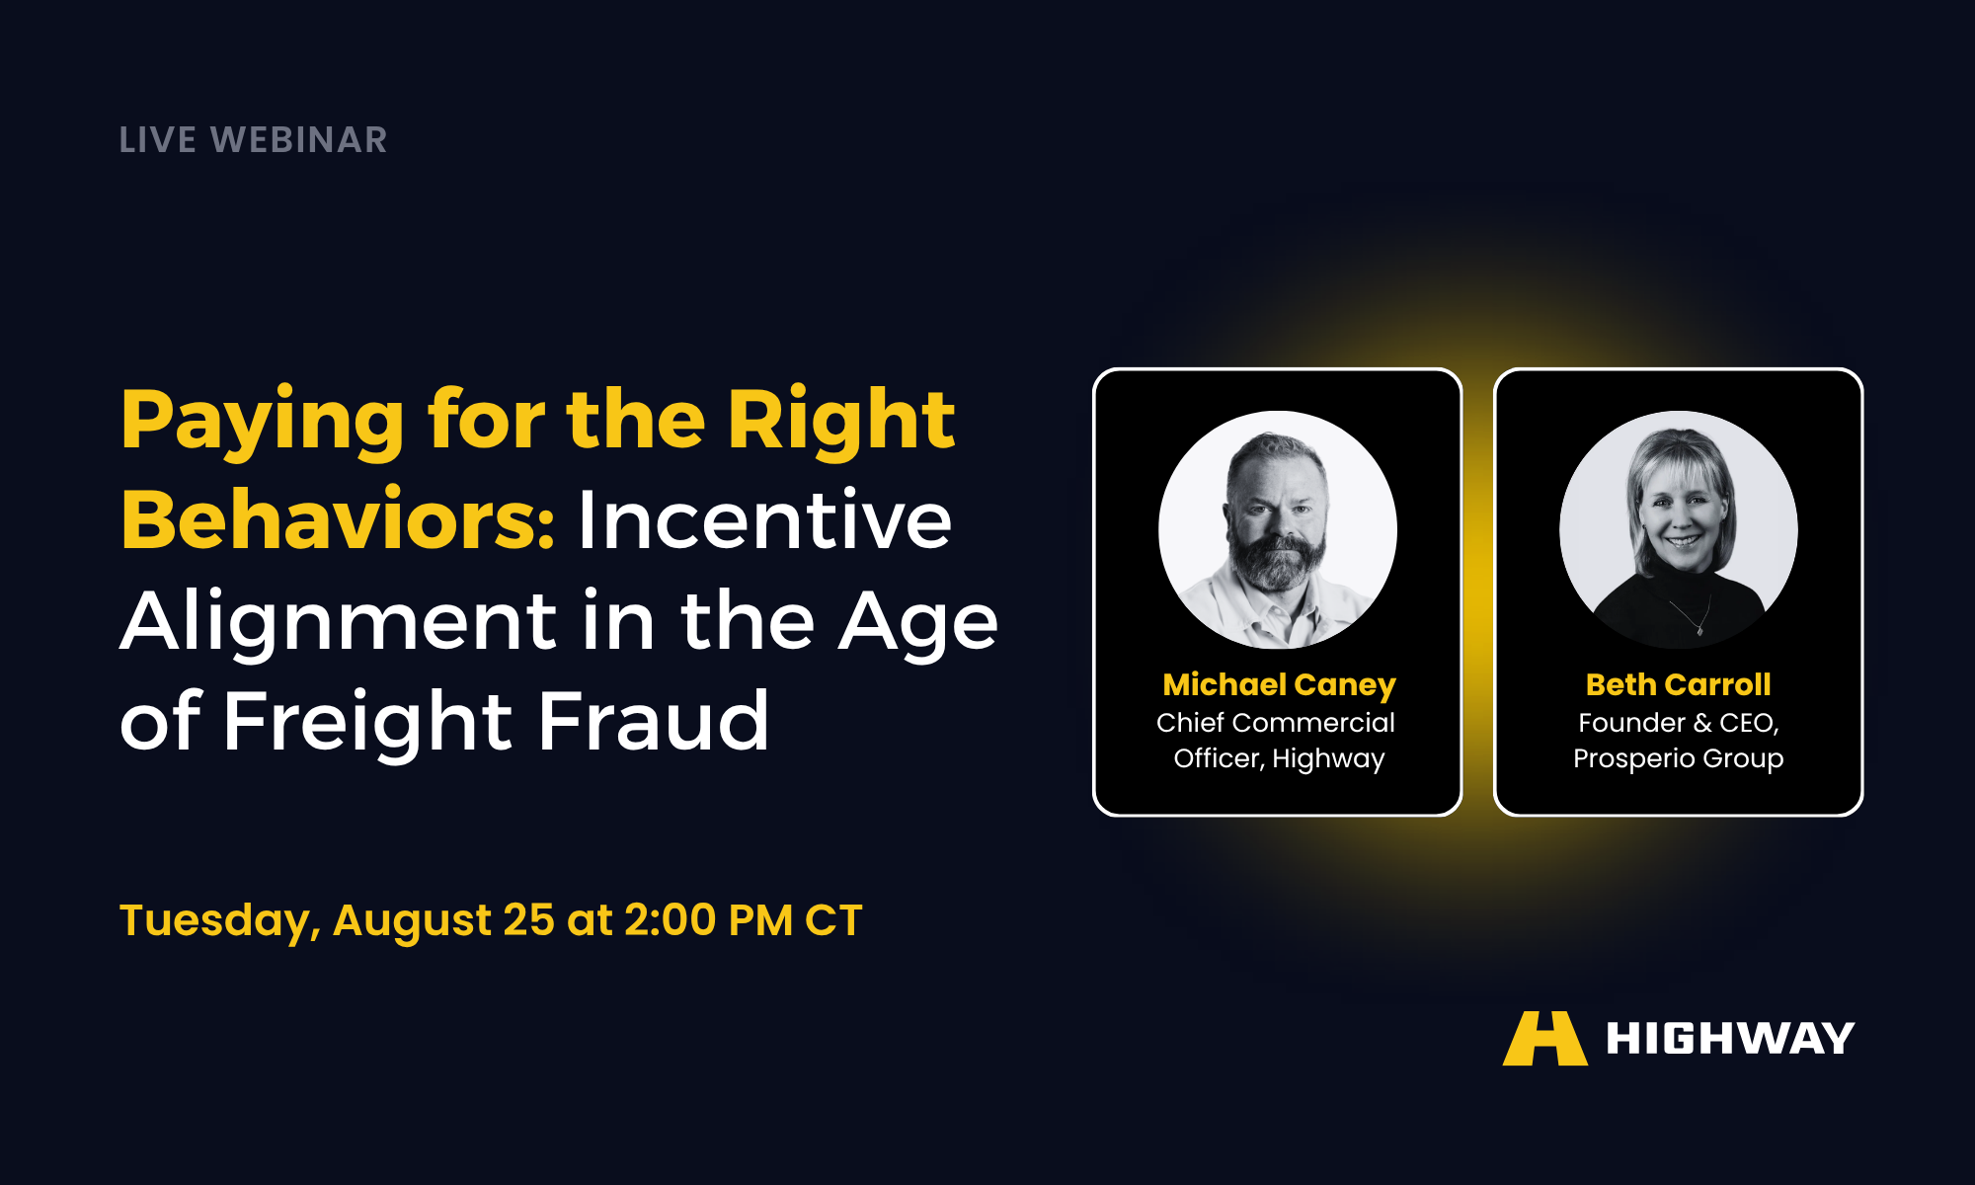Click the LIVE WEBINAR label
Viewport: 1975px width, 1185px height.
(x=253, y=140)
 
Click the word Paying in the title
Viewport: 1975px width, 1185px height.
(x=263, y=423)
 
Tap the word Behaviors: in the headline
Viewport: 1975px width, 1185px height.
(x=338, y=520)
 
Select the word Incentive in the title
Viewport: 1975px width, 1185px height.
(x=765, y=520)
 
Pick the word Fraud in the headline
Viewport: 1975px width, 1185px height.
(x=653, y=720)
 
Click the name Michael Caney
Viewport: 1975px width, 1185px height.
(x=1279, y=685)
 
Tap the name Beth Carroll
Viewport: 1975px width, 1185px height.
(x=1678, y=684)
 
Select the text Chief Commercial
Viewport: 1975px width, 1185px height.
(x=1276, y=723)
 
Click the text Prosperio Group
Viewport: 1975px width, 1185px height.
(x=1678, y=759)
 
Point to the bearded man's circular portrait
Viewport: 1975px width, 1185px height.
(x=1278, y=530)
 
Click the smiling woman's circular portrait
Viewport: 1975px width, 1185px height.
(x=1679, y=530)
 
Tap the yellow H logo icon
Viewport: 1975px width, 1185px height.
(x=1545, y=1038)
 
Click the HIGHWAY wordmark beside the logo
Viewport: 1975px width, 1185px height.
(x=1730, y=1039)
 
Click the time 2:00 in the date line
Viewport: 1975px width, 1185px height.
(x=671, y=920)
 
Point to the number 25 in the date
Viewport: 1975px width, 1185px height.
(x=528, y=920)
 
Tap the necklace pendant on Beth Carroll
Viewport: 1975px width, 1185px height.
(x=1700, y=628)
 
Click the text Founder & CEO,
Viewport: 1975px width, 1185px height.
(x=1678, y=723)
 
